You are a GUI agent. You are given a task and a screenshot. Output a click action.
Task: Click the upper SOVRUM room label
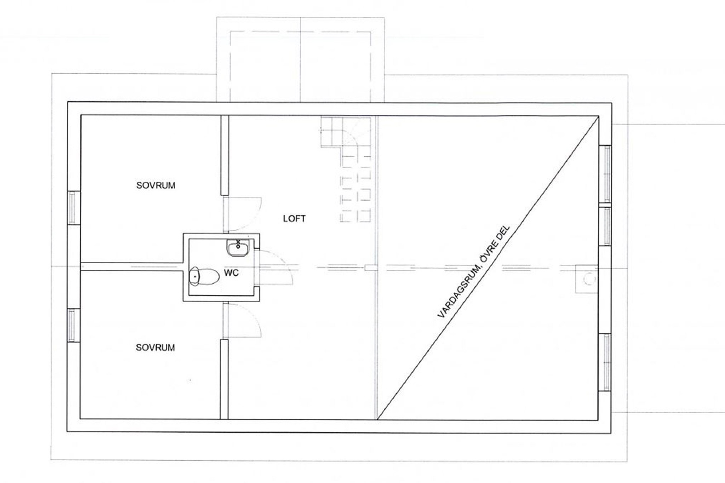(156, 185)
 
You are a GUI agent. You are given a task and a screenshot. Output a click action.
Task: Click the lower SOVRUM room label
(155, 347)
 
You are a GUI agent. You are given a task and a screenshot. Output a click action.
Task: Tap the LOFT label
(294, 219)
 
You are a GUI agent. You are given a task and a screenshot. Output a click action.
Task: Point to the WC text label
(231, 273)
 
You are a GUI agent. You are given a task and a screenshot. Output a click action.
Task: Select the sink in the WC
(238, 248)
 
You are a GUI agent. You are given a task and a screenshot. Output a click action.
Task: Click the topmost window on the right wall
(605, 174)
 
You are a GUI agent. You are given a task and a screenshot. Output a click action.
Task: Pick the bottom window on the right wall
(605, 362)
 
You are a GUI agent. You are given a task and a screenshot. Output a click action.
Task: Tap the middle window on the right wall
(605, 226)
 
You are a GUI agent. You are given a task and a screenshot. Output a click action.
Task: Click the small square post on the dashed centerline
(371, 268)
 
